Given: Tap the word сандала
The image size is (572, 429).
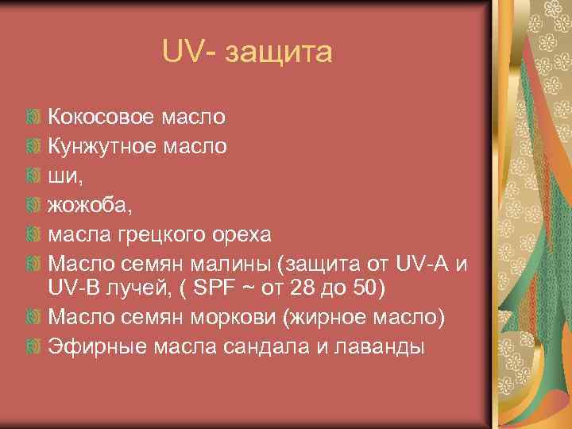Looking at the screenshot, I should [268, 346].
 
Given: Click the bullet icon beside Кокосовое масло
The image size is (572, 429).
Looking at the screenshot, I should [32, 118].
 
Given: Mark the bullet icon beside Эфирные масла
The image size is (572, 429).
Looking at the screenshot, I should [32, 346].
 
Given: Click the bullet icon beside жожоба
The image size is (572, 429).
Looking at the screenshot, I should [32, 206].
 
